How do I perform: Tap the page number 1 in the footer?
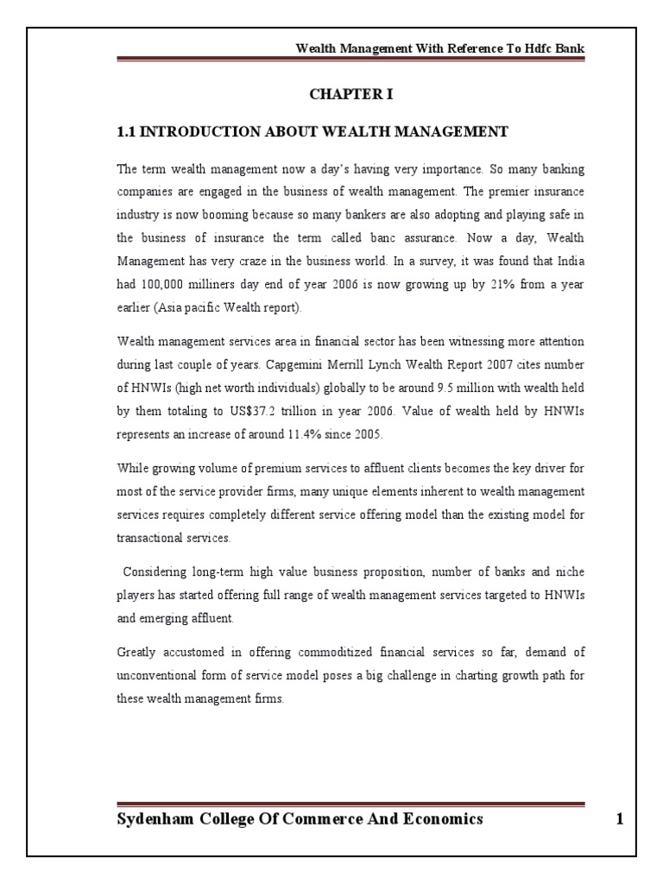pos(619,819)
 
